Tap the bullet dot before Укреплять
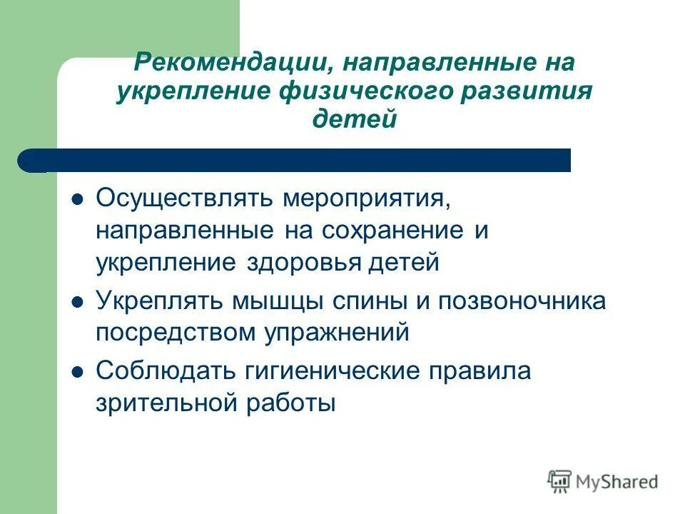tap(78, 301)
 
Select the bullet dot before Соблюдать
tap(78, 371)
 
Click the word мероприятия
tap(365, 196)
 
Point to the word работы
tap(295, 404)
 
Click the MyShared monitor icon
tap(561, 481)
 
